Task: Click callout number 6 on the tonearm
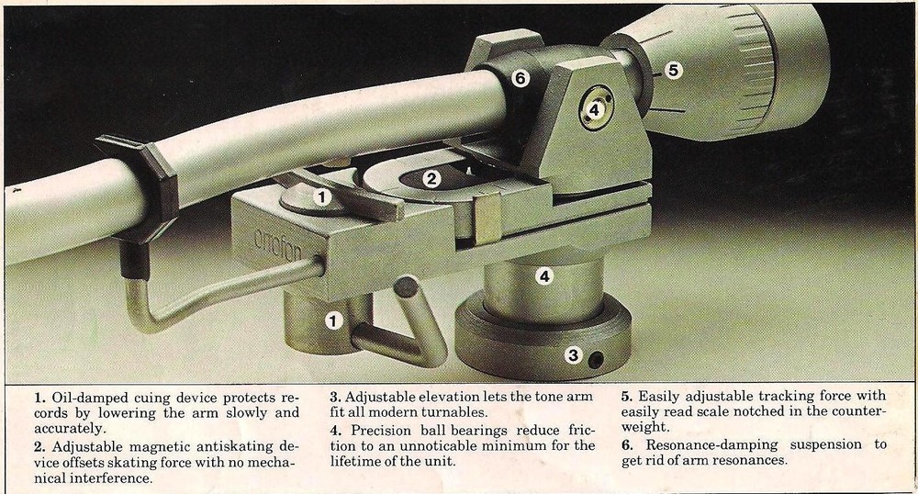click(x=520, y=78)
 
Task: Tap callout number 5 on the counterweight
click(x=673, y=71)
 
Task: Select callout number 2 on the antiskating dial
click(x=431, y=178)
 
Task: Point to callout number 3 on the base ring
click(x=573, y=354)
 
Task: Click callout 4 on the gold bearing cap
click(x=594, y=109)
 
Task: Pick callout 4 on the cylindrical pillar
click(x=544, y=275)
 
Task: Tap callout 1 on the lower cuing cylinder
click(x=333, y=320)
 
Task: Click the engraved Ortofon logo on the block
click(x=278, y=244)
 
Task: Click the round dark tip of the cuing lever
click(x=406, y=286)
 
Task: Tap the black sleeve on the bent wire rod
click(x=134, y=261)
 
